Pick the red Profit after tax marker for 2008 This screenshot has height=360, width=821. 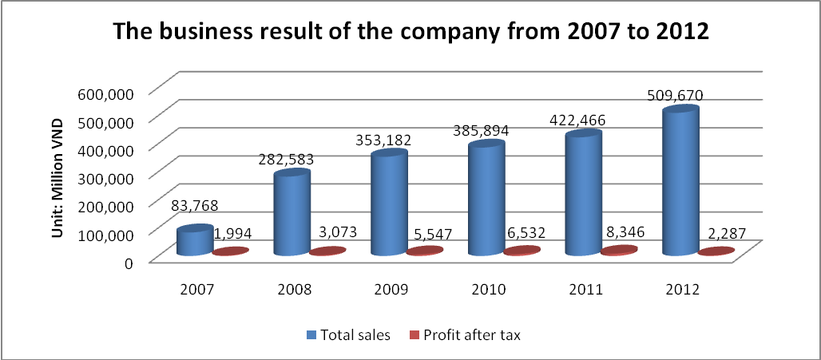[327, 251]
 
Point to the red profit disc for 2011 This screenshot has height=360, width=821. [620, 251]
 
